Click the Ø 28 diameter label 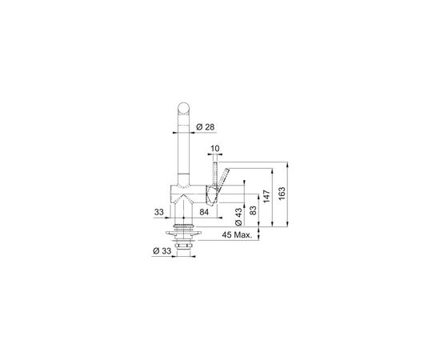(x=205, y=127)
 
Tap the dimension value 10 (x=214, y=149)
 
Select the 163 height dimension (x=282, y=194)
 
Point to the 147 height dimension (x=266, y=197)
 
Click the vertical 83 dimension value (x=253, y=210)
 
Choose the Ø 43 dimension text (x=238, y=217)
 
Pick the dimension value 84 (x=204, y=213)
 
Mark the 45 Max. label (x=237, y=235)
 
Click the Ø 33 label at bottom (x=162, y=251)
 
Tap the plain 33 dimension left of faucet (x=159, y=213)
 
